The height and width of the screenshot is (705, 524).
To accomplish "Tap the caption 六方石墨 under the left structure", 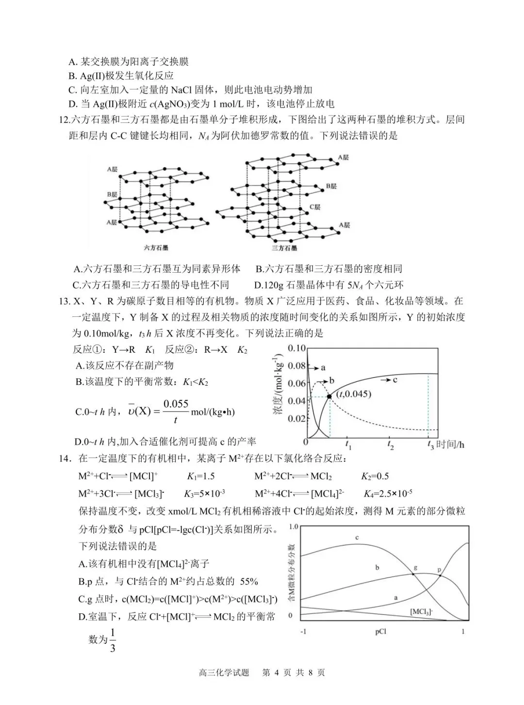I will pyautogui.click(x=156, y=248).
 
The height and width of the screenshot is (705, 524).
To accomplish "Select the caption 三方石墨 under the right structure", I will pyautogui.click(x=285, y=248).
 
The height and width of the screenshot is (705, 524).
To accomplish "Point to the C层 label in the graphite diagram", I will pyautogui.click(x=315, y=207).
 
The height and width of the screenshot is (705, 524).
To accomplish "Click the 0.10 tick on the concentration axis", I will pyautogui.click(x=296, y=348).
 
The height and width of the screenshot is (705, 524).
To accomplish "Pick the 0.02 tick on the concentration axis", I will pyautogui.click(x=296, y=418).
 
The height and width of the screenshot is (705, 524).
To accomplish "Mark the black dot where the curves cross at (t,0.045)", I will pyautogui.click(x=329, y=396).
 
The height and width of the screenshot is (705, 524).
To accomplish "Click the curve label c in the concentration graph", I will pyautogui.click(x=395, y=379).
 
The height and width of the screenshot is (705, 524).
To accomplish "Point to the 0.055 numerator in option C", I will pyautogui.click(x=176, y=404).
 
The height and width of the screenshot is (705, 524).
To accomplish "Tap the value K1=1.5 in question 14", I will pyautogui.click(x=201, y=476).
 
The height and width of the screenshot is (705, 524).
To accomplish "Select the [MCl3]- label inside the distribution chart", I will pyautogui.click(x=422, y=612).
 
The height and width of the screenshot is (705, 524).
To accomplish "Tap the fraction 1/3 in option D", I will pyautogui.click(x=113, y=640).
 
